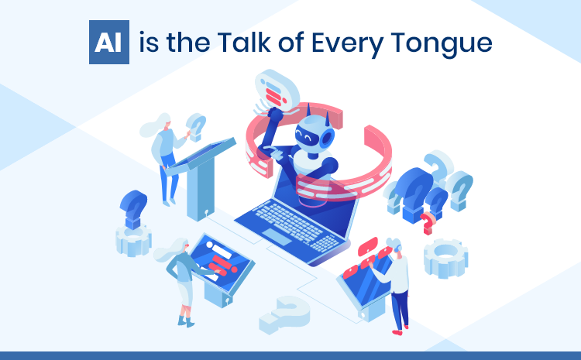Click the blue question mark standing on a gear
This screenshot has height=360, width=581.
point(132,211)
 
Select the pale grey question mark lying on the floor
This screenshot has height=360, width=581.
point(284,314)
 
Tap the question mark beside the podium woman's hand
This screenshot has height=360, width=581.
point(197,125)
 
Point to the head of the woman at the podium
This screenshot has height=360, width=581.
point(163,122)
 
